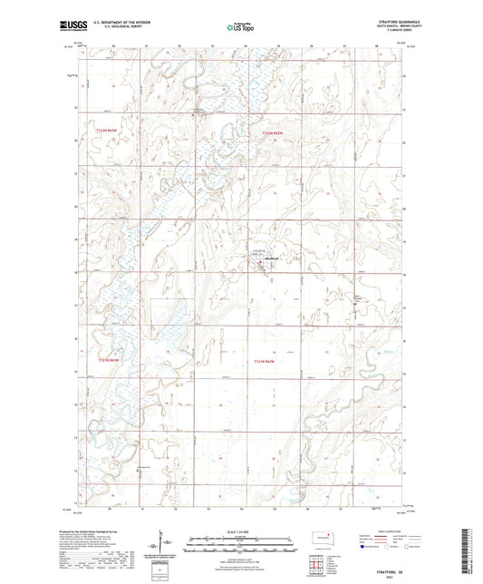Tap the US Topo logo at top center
(240, 27)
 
